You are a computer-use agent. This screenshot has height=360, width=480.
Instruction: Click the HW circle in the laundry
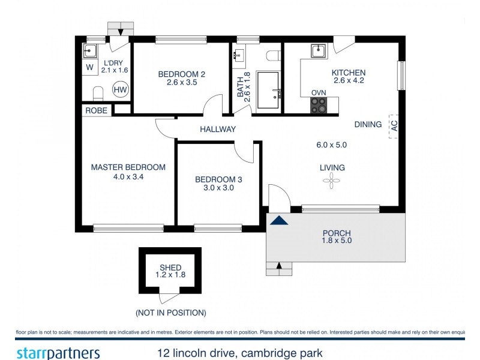pyautogui.click(x=121, y=89)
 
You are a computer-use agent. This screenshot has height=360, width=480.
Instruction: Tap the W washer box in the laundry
pyautogui.click(x=89, y=67)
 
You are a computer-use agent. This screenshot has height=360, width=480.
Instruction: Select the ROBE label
pyautogui.click(x=97, y=110)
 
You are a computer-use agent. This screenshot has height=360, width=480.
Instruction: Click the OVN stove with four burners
pyautogui.click(x=319, y=105)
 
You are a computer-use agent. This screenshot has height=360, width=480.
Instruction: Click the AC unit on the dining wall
pyautogui.click(x=394, y=126)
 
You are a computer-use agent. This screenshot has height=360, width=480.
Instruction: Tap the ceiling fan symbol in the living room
pyautogui.click(x=332, y=181)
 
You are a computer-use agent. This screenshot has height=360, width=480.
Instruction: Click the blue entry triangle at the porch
pyautogui.click(x=278, y=220)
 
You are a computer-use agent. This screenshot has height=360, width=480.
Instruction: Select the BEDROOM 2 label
pyautogui.click(x=182, y=74)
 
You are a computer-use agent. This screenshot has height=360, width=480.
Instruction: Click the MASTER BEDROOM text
pyautogui.click(x=128, y=167)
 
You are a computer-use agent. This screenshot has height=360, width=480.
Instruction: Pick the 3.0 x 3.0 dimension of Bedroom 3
pyautogui.click(x=218, y=188)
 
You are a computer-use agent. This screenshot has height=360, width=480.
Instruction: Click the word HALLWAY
pyautogui.click(x=217, y=129)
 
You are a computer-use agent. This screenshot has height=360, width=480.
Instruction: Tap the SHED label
pyautogui.click(x=170, y=268)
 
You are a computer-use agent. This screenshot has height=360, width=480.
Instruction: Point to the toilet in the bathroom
pyautogui.click(x=274, y=55)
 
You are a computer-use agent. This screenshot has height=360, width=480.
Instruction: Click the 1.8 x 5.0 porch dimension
pyautogui.click(x=336, y=241)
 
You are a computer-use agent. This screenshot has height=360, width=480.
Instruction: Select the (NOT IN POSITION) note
pyautogui.click(x=170, y=313)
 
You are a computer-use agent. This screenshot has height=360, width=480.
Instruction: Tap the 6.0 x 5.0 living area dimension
pyautogui.click(x=332, y=145)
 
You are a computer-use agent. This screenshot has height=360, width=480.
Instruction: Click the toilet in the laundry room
pyautogui.click(x=98, y=92)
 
